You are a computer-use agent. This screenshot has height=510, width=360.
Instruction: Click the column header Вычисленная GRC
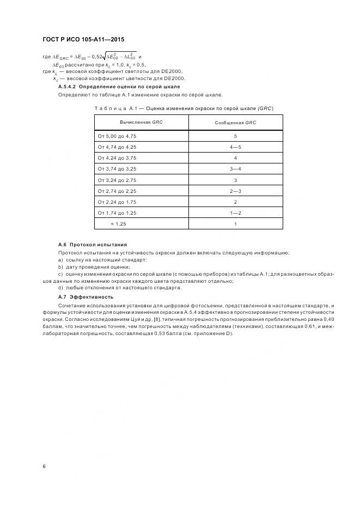(x=141, y=123)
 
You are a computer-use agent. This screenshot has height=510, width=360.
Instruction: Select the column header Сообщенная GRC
(x=235, y=123)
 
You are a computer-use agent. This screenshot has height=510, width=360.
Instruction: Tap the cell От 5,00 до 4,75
(x=117, y=136)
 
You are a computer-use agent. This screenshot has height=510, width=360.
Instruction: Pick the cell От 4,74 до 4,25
(x=117, y=147)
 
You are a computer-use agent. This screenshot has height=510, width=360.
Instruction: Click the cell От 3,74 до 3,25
(x=117, y=169)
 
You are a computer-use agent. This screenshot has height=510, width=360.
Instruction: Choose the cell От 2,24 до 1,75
(x=117, y=202)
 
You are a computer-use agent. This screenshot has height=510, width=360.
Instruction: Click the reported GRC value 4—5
(x=235, y=147)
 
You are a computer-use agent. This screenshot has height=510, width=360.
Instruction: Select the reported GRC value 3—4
(x=235, y=169)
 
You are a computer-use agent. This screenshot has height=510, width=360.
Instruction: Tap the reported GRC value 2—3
(x=235, y=191)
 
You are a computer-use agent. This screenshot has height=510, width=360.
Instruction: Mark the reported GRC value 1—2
(x=235, y=212)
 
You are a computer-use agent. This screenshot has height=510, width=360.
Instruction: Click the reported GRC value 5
(x=235, y=136)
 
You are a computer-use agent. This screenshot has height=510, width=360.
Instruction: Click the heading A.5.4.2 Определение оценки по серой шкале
(x=119, y=87)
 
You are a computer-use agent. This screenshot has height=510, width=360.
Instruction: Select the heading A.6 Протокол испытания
(x=92, y=245)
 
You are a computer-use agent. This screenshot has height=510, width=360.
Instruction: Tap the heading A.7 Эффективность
(x=86, y=296)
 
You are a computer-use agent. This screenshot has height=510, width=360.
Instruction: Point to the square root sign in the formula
(x=102, y=56)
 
